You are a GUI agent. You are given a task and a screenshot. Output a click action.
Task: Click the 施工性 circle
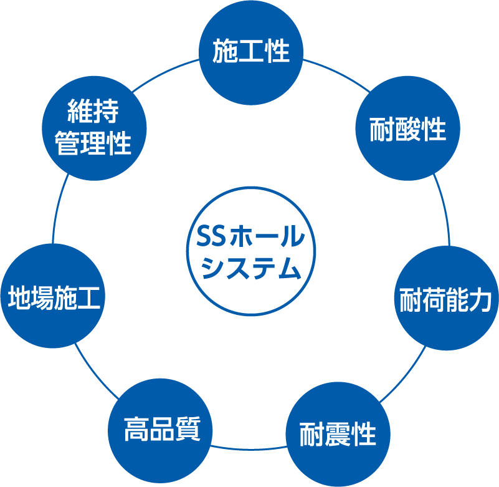pos(251,51)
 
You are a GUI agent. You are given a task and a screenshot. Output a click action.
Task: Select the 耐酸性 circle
pos(407,130)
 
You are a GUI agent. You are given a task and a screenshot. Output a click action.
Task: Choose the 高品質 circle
pos(161,430)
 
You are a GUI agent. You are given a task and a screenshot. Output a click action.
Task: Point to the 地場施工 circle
pos(54,296)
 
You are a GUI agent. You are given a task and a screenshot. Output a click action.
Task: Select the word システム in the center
pos(252,269)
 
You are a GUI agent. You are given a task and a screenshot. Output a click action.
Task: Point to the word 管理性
pos(93,144)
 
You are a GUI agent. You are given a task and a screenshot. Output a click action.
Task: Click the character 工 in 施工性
pos(251,52)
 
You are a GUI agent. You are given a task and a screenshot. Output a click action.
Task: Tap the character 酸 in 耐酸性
pos(407,130)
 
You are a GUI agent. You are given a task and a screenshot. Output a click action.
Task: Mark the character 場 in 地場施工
pos(41,296)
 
